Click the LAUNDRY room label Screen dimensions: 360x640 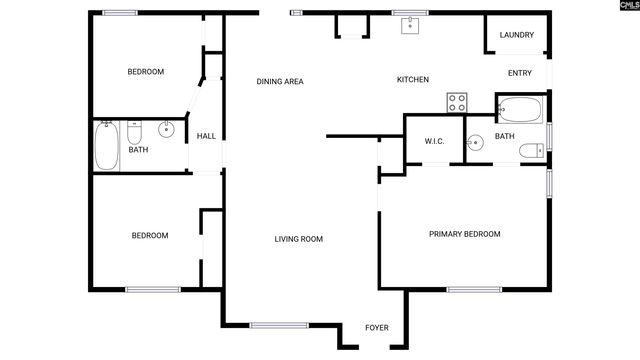(x=517, y=35)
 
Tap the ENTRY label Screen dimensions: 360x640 (x=520, y=72)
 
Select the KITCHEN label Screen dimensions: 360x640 (x=413, y=80)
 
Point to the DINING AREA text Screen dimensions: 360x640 (x=280, y=82)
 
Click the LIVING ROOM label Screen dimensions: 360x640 (x=299, y=239)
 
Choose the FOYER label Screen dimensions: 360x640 (x=376, y=328)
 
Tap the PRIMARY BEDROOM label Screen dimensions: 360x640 (x=464, y=234)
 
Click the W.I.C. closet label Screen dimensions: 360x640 (x=434, y=141)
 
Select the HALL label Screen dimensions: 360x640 (x=206, y=136)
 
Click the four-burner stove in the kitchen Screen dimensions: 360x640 (x=457, y=102)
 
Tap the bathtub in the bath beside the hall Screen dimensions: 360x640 (x=107, y=146)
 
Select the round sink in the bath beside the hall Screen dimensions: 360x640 (x=166, y=129)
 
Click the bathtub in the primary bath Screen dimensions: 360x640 (x=519, y=108)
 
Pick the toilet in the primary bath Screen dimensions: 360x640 (x=530, y=151)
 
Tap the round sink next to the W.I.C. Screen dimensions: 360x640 (x=475, y=143)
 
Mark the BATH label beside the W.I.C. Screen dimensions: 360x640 (x=504, y=136)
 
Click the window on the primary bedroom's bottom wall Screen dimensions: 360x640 (x=474, y=290)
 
